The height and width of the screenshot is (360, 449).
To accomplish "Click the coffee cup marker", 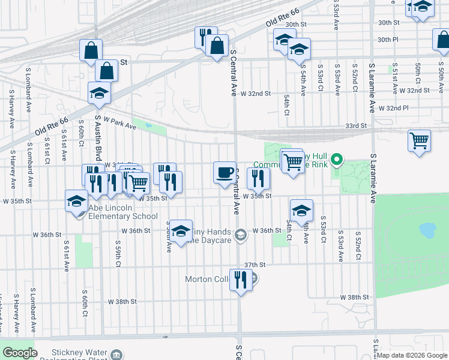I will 225,173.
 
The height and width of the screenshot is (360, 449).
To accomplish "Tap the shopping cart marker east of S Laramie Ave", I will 420,142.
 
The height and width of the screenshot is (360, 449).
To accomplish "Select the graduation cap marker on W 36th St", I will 181,231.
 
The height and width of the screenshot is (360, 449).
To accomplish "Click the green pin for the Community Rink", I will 337,160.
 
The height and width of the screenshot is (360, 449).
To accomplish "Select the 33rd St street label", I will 355,126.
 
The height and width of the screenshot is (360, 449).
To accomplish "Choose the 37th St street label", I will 255,265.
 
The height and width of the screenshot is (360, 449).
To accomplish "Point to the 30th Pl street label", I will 388,40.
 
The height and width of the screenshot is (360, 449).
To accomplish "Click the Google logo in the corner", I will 20,353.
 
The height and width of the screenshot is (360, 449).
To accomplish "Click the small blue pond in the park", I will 427,229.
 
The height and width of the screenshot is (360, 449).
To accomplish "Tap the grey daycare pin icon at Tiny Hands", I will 241,235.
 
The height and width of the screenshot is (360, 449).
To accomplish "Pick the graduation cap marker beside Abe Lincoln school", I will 77,202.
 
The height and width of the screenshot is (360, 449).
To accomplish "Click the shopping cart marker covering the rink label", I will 293,161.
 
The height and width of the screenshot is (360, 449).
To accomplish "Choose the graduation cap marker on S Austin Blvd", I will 99,93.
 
